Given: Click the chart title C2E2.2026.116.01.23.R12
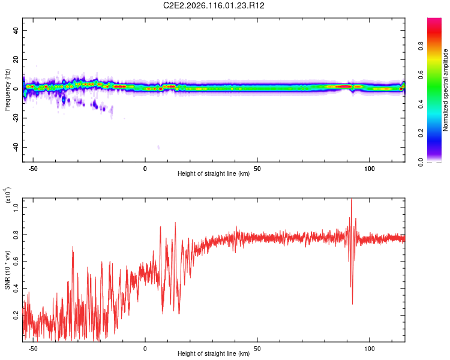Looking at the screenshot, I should [226, 5].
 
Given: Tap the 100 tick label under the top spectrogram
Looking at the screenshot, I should [370, 168].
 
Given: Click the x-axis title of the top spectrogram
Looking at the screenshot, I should [214, 174].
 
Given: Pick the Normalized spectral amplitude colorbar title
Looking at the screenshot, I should [445, 90].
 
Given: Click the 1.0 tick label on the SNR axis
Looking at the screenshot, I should [16, 207].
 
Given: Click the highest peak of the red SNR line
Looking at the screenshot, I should [352, 200].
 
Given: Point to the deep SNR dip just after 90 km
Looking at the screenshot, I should [352, 304].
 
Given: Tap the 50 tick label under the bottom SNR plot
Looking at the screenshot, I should [257, 348].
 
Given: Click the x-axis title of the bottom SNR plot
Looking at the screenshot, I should [214, 354].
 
